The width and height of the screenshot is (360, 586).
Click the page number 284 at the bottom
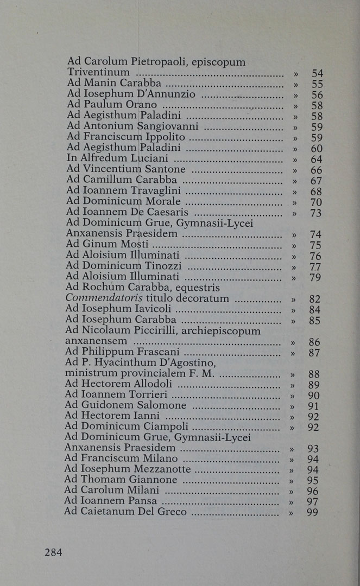53,552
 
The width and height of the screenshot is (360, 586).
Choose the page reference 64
317,159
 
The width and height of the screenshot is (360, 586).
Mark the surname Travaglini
154,190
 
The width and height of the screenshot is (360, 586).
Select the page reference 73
316,213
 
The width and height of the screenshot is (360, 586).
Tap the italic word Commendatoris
96,298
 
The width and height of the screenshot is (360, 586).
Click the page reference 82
315,299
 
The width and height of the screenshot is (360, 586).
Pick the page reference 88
314,374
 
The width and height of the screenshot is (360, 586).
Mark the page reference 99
312,512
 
